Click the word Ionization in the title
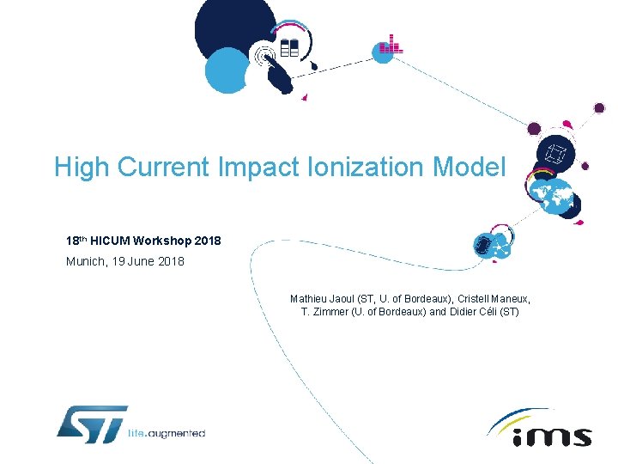click(x=373, y=167)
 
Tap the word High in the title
click(x=82, y=167)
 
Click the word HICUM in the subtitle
click(x=112, y=241)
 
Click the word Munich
click(x=85, y=261)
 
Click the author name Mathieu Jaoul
click(x=321, y=299)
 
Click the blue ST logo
click(x=92, y=424)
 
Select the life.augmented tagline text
click(x=167, y=433)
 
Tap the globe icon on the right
click(x=549, y=196)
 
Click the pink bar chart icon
click(x=391, y=45)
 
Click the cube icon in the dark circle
click(x=555, y=156)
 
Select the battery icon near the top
click(x=289, y=46)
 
